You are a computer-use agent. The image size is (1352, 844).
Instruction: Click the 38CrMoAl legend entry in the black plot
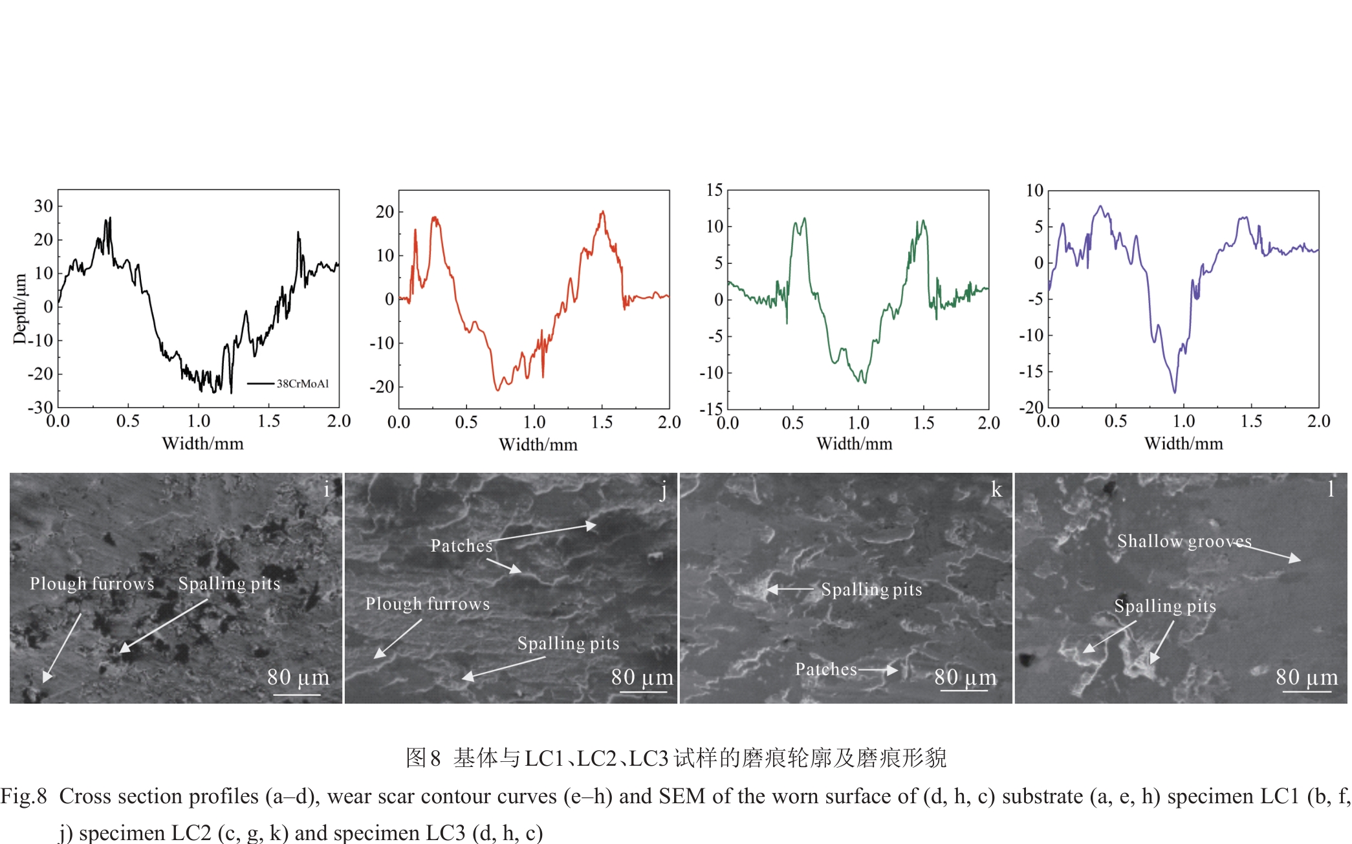[x=302, y=384]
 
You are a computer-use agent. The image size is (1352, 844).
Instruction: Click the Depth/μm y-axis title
[x=20, y=308]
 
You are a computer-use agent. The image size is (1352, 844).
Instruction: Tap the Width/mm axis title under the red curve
[x=538, y=444]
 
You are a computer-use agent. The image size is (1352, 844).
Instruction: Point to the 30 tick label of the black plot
[x=43, y=206]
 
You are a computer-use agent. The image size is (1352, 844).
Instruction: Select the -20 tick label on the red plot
[x=381, y=387]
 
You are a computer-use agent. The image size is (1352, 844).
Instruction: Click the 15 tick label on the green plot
[x=714, y=190]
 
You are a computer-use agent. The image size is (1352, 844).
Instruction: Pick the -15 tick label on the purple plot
[x=1031, y=371]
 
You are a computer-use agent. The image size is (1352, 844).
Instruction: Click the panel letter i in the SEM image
[x=327, y=490]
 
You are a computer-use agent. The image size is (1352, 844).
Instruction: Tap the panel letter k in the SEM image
[x=996, y=490]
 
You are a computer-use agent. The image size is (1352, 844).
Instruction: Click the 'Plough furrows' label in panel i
[x=92, y=584]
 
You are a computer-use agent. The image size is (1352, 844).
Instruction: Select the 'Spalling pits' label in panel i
[x=229, y=584]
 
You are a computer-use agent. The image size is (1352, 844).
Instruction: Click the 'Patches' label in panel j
[x=461, y=546]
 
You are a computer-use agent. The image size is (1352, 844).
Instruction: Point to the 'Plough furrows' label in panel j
[x=428, y=604]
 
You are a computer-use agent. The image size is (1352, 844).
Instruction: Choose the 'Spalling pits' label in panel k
[x=871, y=590]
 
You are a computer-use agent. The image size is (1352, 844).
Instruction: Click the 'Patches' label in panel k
[x=825, y=669]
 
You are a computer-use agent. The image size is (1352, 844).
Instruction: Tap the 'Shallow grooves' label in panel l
[x=1184, y=541]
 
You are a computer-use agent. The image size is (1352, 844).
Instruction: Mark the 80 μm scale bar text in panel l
[x=1306, y=677]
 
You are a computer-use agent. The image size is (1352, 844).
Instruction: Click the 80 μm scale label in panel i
[x=298, y=677]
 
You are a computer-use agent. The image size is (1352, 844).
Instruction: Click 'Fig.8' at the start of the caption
[x=24, y=796]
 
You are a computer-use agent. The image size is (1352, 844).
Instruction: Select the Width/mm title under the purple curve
[x=1183, y=444]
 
